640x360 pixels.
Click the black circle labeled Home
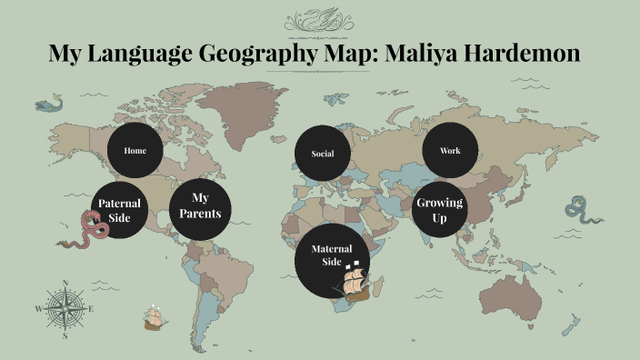click(x=135, y=151)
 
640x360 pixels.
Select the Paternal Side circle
click(x=120, y=211)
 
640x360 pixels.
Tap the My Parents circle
click(x=200, y=206)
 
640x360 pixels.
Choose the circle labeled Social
click(x=323, y=154)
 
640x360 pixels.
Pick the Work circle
click(x=450, y=150)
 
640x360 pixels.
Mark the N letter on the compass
click(x=65, y=282)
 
